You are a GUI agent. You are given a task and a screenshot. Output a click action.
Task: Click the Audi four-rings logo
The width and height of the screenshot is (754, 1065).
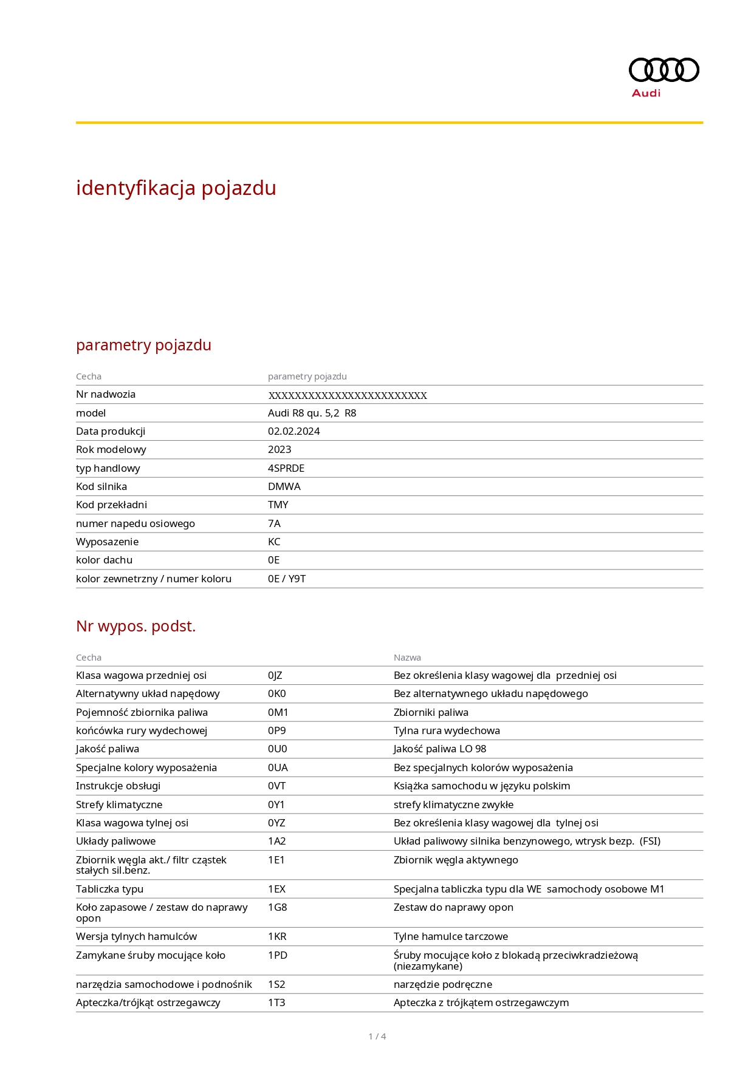coord(663,70)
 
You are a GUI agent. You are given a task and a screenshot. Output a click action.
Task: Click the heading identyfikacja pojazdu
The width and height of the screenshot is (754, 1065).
coord(176,188)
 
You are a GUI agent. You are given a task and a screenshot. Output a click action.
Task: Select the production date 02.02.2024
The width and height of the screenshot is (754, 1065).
coord(293,431)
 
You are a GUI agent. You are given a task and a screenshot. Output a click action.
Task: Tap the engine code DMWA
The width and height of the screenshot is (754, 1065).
coord(284,486)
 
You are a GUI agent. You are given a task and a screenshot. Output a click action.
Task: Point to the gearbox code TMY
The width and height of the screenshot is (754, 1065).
coord(278,505)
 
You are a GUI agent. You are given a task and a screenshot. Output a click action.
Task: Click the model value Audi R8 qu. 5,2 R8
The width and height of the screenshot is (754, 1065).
coord(312,413)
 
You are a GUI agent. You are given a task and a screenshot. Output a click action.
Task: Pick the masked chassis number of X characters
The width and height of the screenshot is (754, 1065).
coord(348,395)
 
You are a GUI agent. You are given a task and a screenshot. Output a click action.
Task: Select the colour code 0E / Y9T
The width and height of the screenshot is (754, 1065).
coord(287,579)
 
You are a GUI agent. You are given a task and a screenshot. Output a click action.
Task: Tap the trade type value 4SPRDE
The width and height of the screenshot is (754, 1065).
coord(286,468)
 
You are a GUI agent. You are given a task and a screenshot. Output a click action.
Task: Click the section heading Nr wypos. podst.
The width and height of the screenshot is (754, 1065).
coord(135,626)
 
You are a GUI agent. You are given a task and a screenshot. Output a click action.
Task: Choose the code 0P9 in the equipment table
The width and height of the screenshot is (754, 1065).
coord(276,730)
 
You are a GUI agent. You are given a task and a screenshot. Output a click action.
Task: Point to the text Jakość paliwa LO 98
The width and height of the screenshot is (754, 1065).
coord(439,749)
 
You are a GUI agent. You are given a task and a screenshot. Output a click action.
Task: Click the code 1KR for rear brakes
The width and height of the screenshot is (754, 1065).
coord(277,936)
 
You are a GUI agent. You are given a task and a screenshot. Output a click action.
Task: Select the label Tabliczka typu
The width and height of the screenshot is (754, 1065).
coord(109,889)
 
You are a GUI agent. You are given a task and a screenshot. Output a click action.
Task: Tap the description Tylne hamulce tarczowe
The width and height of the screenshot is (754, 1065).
coord(450,936)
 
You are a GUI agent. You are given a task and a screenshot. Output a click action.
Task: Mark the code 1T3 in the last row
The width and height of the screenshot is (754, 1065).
coord(276,1002)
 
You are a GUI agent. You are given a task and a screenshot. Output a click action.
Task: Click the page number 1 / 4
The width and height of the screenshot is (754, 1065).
coord(377,1036)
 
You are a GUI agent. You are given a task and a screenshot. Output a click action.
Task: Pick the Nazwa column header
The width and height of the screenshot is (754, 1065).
coord(407,658)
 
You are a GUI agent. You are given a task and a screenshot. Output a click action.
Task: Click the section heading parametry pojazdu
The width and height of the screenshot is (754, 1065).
coord(143,345)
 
